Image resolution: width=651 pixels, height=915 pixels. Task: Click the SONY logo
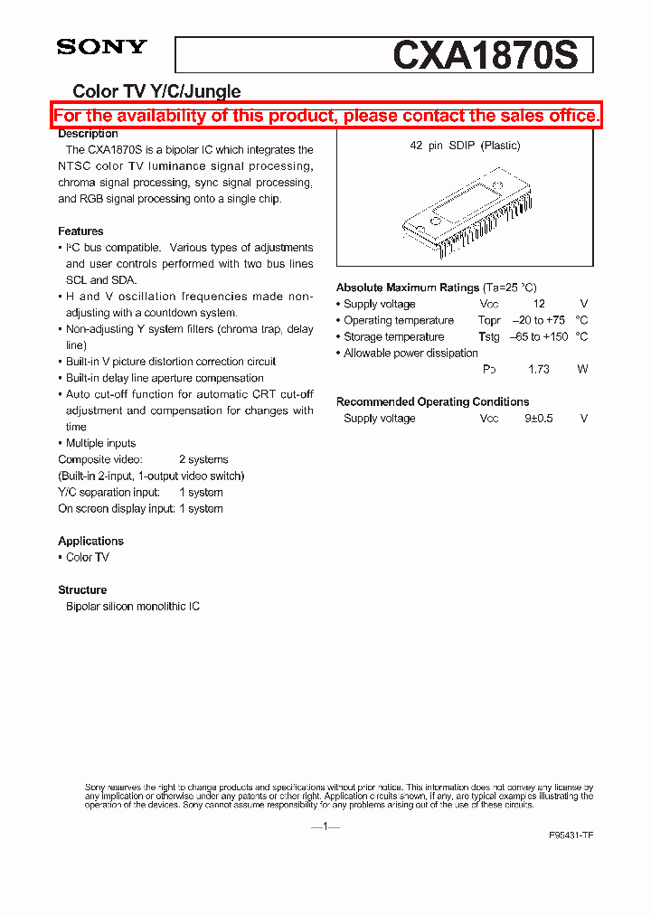coord(101,47)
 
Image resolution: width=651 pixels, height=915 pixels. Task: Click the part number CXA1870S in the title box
coord(485,55)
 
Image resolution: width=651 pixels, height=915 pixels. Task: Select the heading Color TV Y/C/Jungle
coord(156,90)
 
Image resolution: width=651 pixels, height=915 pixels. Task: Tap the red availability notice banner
coord(326,116)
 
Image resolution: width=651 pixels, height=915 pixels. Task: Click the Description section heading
coord(88,134)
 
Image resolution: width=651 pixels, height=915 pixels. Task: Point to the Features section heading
coord(80,231)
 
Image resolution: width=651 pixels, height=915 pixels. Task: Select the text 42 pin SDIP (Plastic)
coord(465,146)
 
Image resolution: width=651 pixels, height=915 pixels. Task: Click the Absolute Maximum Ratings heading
coord(408,288)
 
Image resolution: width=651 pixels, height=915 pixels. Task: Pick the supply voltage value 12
coord(539,305)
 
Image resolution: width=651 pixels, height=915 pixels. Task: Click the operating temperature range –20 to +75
coord(538,321)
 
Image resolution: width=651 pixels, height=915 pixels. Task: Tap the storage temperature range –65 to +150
coord(538,337)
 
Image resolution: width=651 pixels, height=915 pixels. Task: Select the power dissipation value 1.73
coord(539,370)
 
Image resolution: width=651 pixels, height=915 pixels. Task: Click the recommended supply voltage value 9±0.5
coord(538,419)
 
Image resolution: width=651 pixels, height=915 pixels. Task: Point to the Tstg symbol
coord(488,337)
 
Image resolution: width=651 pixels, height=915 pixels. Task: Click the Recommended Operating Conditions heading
coord(432,401)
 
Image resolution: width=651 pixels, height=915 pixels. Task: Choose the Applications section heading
coord(90,541)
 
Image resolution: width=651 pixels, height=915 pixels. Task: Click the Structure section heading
coord(82,590)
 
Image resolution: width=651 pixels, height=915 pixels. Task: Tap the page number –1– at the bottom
coord(325,826)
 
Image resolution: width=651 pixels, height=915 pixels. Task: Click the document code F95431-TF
coord(571,836)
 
